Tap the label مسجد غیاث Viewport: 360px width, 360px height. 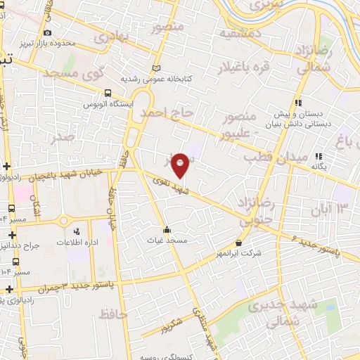167,240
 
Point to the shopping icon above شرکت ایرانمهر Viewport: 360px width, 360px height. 240,243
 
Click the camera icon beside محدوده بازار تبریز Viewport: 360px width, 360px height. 47,33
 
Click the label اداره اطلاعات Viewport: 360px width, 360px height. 77,241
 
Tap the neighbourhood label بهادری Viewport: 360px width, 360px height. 112,34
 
